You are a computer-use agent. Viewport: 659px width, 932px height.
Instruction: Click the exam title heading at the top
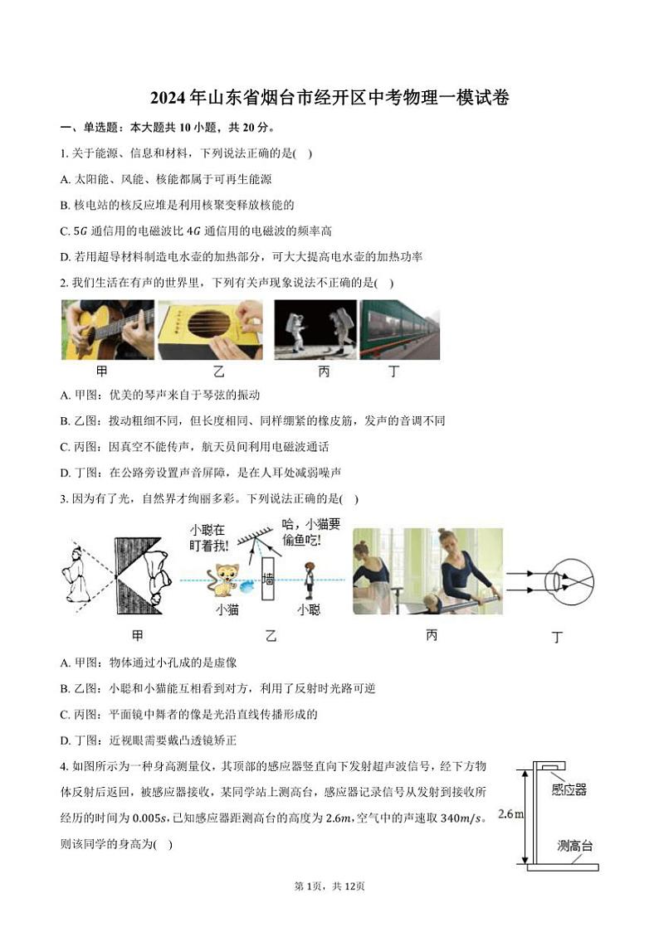(329, 97)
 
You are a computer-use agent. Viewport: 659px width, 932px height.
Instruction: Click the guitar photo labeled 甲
(108, 329)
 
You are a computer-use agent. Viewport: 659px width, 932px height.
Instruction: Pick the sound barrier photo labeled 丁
(399, 329)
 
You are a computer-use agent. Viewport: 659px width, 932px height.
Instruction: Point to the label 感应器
(569, 790)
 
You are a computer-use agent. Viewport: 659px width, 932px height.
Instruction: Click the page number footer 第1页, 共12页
(329, 886)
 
